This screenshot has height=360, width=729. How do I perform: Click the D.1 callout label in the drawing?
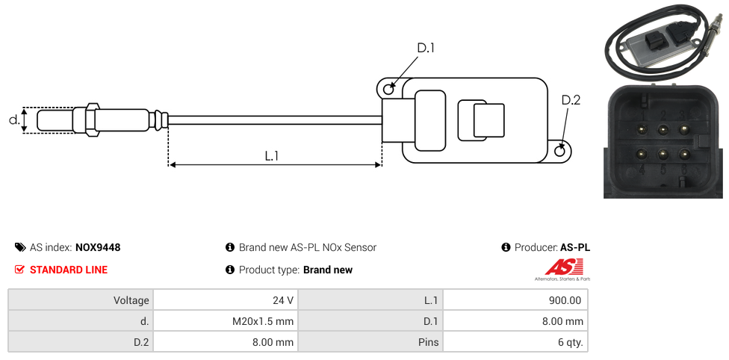(x=425, y=48)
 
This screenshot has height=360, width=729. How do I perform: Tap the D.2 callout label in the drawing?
(x=571, y=100)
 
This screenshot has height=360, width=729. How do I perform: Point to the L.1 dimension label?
(x=272, y=155)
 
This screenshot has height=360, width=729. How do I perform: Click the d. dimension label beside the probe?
(x=13, y=120)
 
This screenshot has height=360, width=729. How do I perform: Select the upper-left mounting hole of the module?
(x=388, y=90)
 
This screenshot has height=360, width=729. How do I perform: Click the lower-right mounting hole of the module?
(x=561, y=151)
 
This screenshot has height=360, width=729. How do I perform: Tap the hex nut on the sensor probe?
(x=93, y=120)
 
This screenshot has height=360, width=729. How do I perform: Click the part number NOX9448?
(x=98, y=247)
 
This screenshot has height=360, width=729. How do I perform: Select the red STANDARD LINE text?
(x=68, y=270)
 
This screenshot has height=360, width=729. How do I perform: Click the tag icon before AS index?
(x=20, y=247)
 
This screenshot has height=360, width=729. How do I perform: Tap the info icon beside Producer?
(x=506, y=247)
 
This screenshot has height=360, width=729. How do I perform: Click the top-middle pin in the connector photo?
(x=663, y=129)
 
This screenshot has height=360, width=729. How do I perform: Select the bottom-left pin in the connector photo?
(x=640, y=155)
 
